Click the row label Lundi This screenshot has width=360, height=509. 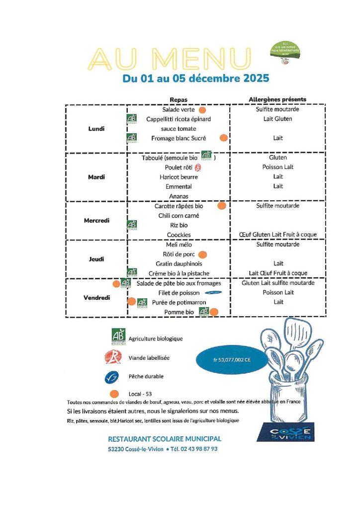pos(96,129)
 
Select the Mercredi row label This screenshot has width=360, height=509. pos(96,220)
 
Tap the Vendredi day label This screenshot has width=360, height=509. pos(97,298)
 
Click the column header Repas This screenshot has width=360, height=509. pos(179,99)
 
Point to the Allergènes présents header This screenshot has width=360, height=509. pos(277,99)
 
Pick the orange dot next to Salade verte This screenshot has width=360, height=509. pos(202,109)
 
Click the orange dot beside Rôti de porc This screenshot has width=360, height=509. pos(202,254)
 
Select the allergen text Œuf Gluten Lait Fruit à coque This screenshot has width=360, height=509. pos(277,235)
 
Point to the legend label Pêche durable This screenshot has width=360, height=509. pos(146,377)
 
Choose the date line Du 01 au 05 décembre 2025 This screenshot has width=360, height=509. pos(196,78)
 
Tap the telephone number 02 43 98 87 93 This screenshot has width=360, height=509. pos(199,449)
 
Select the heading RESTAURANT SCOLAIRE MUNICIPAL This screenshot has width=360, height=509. pos(165,439)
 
